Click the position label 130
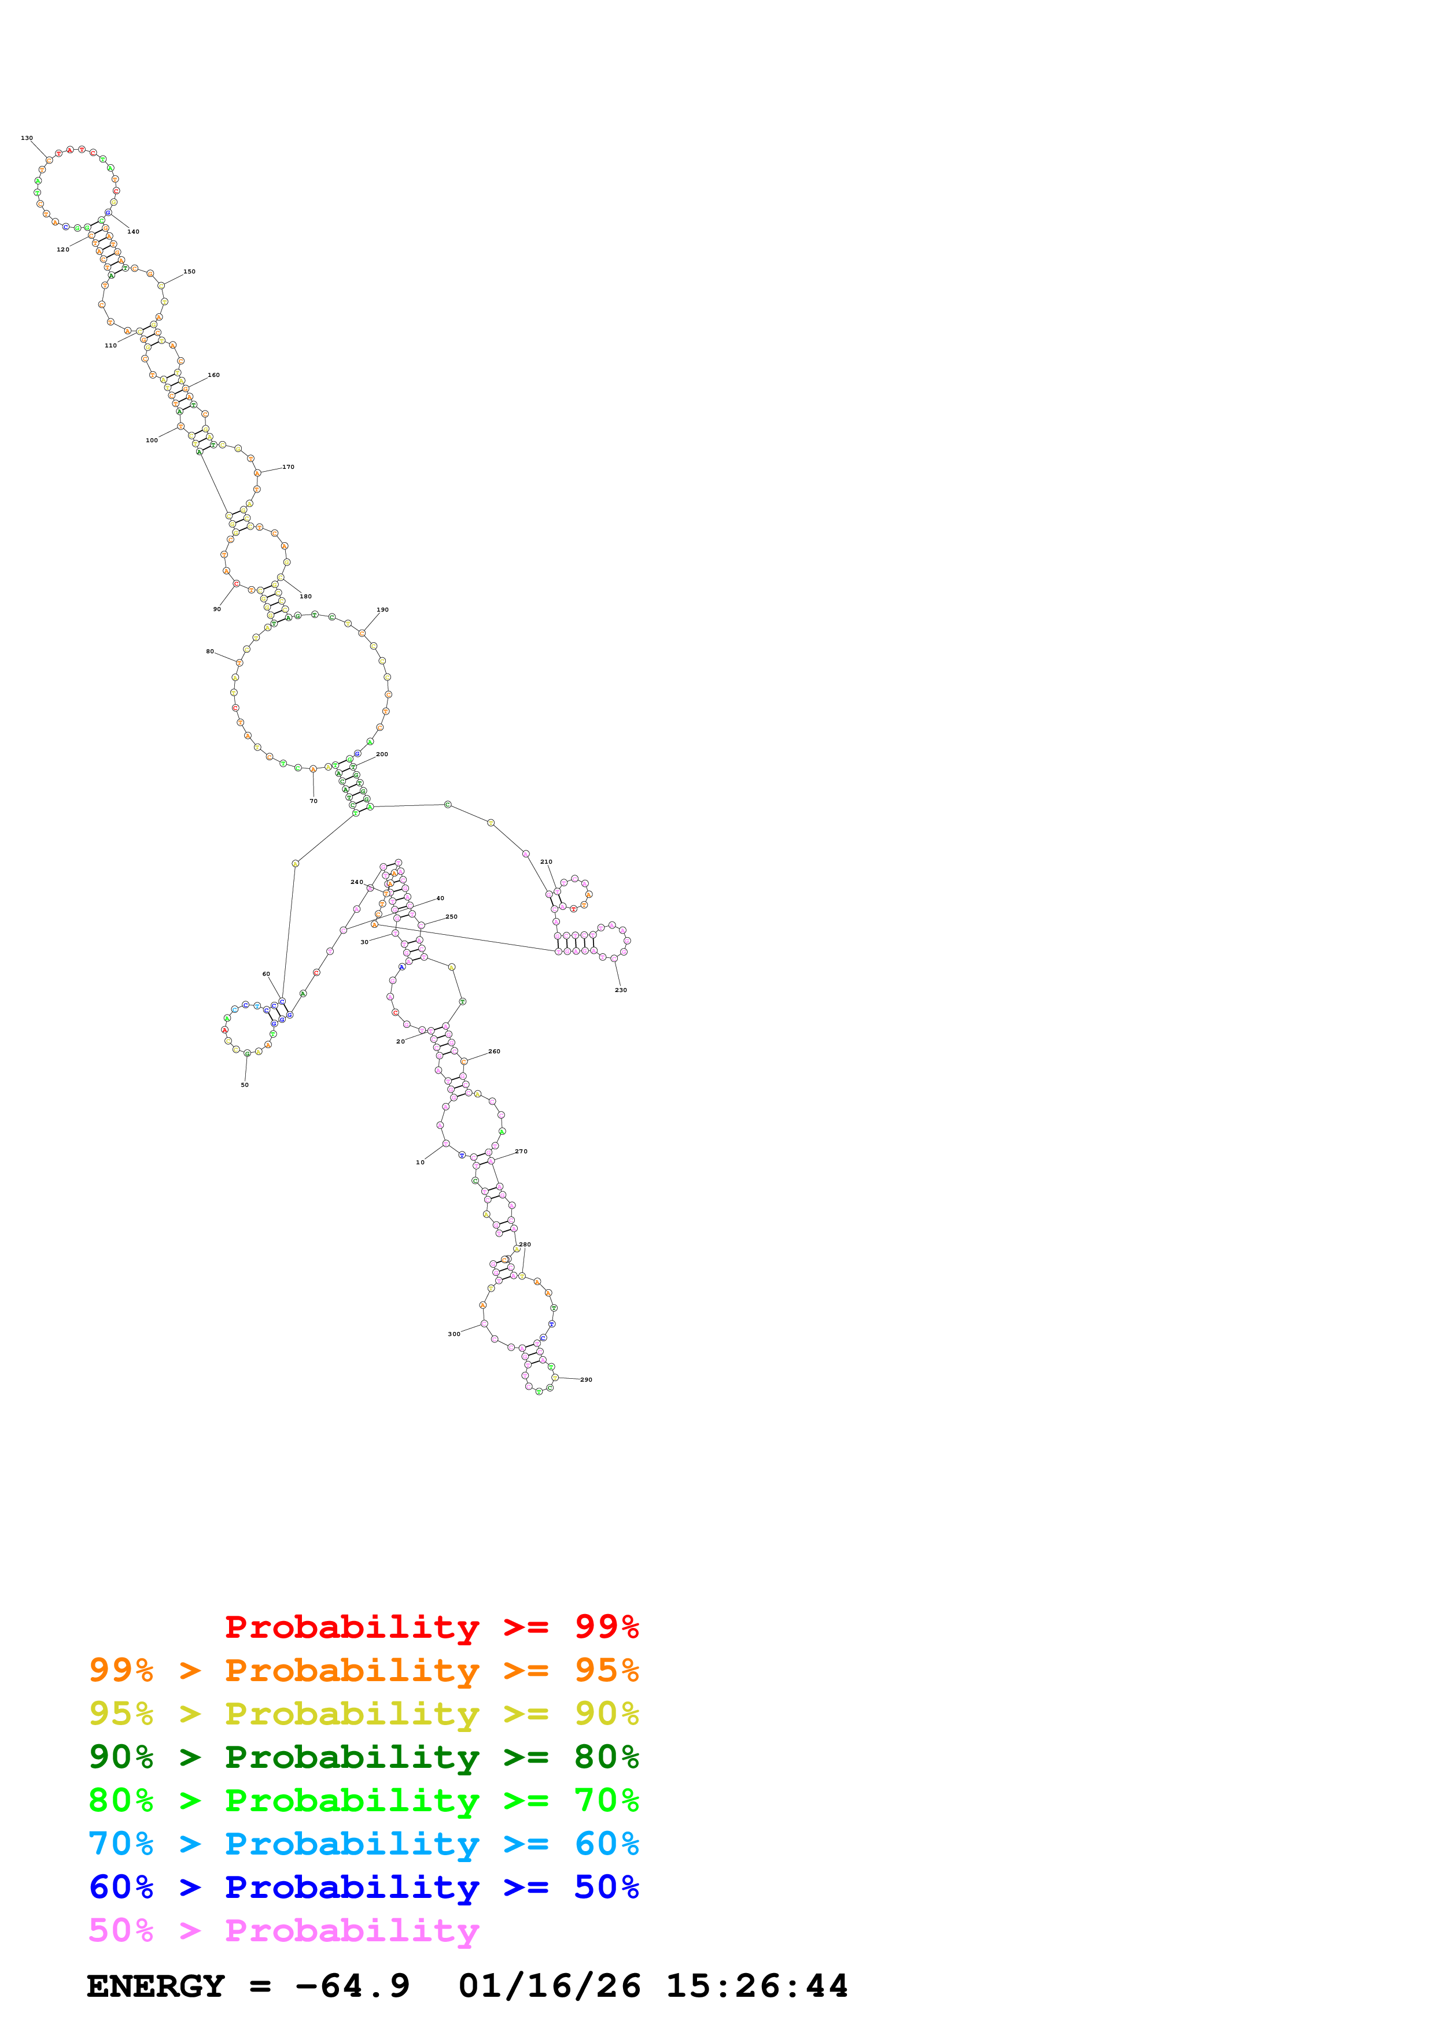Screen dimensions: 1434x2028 pos(27,138)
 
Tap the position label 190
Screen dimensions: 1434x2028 pos(382,609)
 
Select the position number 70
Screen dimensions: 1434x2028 pos(314,801)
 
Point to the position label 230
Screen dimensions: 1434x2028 pos(621,990)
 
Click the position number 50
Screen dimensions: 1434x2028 pos(245,1085)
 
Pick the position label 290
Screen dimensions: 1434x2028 pos(586,1380)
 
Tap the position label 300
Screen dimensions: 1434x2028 pos(454,1334)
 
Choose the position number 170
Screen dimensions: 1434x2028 pos(288,467)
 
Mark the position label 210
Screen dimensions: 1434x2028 pos(546,861)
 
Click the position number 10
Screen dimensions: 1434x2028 pos(421,1163)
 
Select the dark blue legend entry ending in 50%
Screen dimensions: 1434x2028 pos(364,1888)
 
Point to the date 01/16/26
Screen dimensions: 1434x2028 pos(550,1986)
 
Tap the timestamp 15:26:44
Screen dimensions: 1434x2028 pos(757,1986)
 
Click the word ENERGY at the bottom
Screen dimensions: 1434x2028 pos(156,1986)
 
